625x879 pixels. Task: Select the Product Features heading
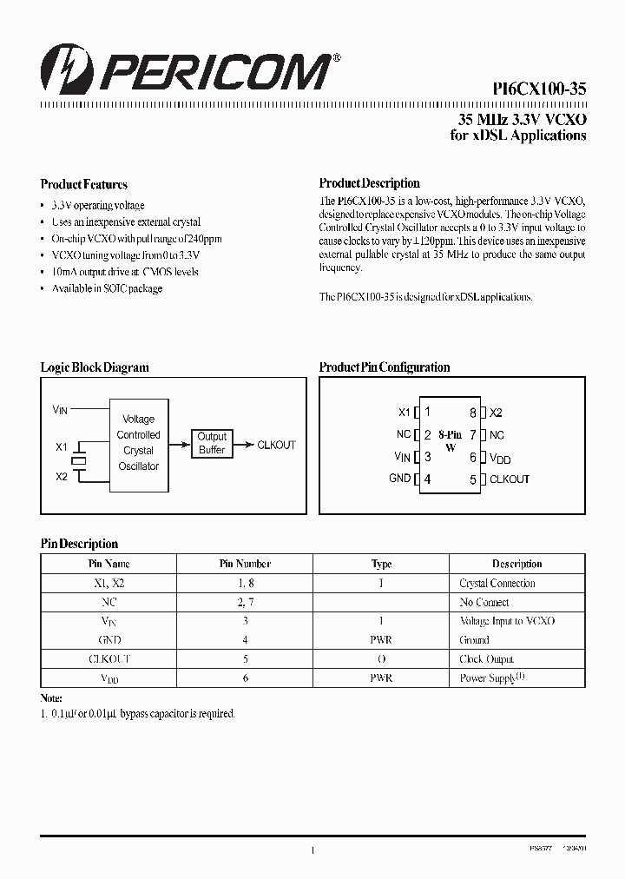(x=84, y=184)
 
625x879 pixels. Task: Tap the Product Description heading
(x=370, y=183)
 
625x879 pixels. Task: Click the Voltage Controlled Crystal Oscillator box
(x=138, y=443)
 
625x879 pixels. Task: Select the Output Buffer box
(x=212, y=443)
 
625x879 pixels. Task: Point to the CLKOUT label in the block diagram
(x=277, y=445)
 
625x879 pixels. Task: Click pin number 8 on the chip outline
(x=473, y=413)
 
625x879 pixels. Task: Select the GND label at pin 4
(x=400, y=479)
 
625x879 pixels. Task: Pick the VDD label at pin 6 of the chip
(x=499, y=457)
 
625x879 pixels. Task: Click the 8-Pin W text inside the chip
(x=451, y=440)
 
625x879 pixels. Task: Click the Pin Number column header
(x=245, y=564)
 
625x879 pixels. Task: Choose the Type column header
(x=381, y=564)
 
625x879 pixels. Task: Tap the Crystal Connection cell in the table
(x=497, y=584)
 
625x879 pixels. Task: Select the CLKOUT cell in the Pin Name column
(x=109, y=659)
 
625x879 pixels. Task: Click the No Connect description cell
(x=484, y=602)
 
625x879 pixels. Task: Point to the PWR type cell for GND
(x=381, y=640)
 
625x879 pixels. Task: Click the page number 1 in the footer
(x=312, y=852)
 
